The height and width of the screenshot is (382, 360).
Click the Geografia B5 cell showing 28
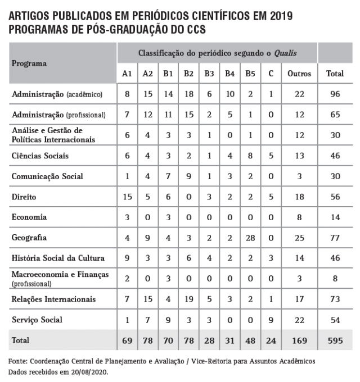(x=250, y=238)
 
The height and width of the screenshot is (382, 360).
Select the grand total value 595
(x=336, y=340)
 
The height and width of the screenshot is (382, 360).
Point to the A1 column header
(x=127, y=74)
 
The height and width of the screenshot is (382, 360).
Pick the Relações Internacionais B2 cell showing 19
(x=188, y=299)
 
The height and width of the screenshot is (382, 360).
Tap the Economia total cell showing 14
(x=336, y=217)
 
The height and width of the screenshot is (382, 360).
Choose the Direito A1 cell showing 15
(x=127, y=197)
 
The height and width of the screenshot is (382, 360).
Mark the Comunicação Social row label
(x=47, y=176)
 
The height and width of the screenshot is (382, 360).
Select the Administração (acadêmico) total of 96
(x=336, y=94)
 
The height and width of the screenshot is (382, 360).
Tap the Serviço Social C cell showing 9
(x=271, y=320)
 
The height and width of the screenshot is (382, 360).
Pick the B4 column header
(x=230, y=74)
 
